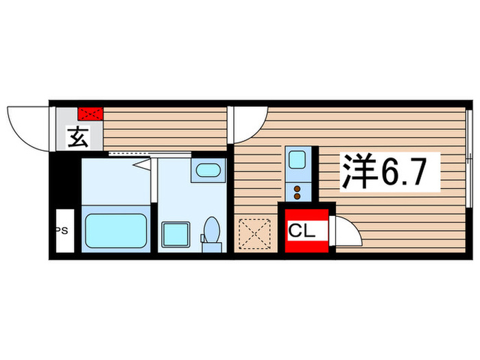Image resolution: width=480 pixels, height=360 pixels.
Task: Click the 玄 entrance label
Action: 77,139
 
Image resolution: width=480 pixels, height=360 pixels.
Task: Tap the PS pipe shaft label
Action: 62,231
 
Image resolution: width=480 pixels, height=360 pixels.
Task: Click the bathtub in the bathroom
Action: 115,230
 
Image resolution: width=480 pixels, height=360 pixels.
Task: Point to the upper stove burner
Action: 298,187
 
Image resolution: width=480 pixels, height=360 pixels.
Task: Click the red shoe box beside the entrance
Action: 91,113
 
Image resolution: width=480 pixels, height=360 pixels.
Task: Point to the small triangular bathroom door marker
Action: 142,164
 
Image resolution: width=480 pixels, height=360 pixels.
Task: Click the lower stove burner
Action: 298,195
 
